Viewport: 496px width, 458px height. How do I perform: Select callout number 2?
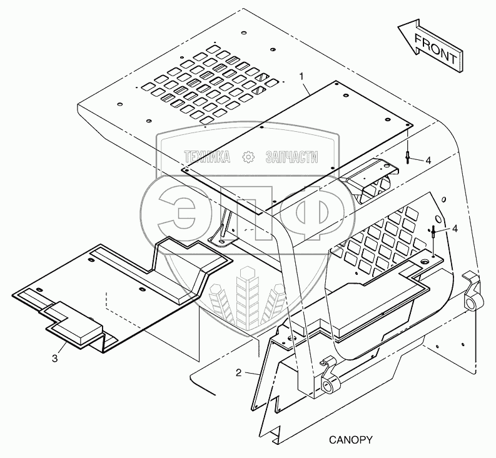[239, 374]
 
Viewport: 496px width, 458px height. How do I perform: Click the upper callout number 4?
[427, 161]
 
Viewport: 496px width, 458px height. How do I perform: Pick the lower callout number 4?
[454, 229]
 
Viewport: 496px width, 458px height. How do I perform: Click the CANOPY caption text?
[350, 440]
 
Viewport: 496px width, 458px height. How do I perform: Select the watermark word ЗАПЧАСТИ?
[291, 157]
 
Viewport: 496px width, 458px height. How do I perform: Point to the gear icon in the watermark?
[249, 157]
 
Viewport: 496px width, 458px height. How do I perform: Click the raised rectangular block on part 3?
[75, 322]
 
